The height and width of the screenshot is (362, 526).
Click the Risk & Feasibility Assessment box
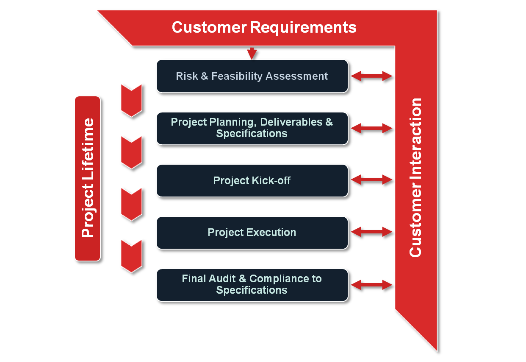point(252,76)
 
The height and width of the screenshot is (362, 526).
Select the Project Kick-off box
point(252,180)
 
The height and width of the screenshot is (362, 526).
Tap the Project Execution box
point(252,233)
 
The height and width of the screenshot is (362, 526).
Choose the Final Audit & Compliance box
point(252,285)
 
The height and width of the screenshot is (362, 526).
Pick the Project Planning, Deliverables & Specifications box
point(252,128)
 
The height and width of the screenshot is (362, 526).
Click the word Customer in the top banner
point(209,27)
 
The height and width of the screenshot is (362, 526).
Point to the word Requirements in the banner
point(303,28)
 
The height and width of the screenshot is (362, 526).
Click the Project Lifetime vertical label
point(88,178)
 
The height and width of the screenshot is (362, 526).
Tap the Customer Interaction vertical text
point(415,177)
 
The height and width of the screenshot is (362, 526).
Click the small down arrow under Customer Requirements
point(252,53)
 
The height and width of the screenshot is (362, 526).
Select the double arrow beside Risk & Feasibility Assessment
point(371,76)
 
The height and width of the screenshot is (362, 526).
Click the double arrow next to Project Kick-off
point(371,180)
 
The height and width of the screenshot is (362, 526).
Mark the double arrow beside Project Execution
point(371,232)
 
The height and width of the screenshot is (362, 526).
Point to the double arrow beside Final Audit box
point(371,285)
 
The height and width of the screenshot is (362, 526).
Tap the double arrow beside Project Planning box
point(371,128)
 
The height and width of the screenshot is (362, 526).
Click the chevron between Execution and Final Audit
point(131,257)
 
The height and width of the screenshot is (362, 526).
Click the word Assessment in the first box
point(296,76)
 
